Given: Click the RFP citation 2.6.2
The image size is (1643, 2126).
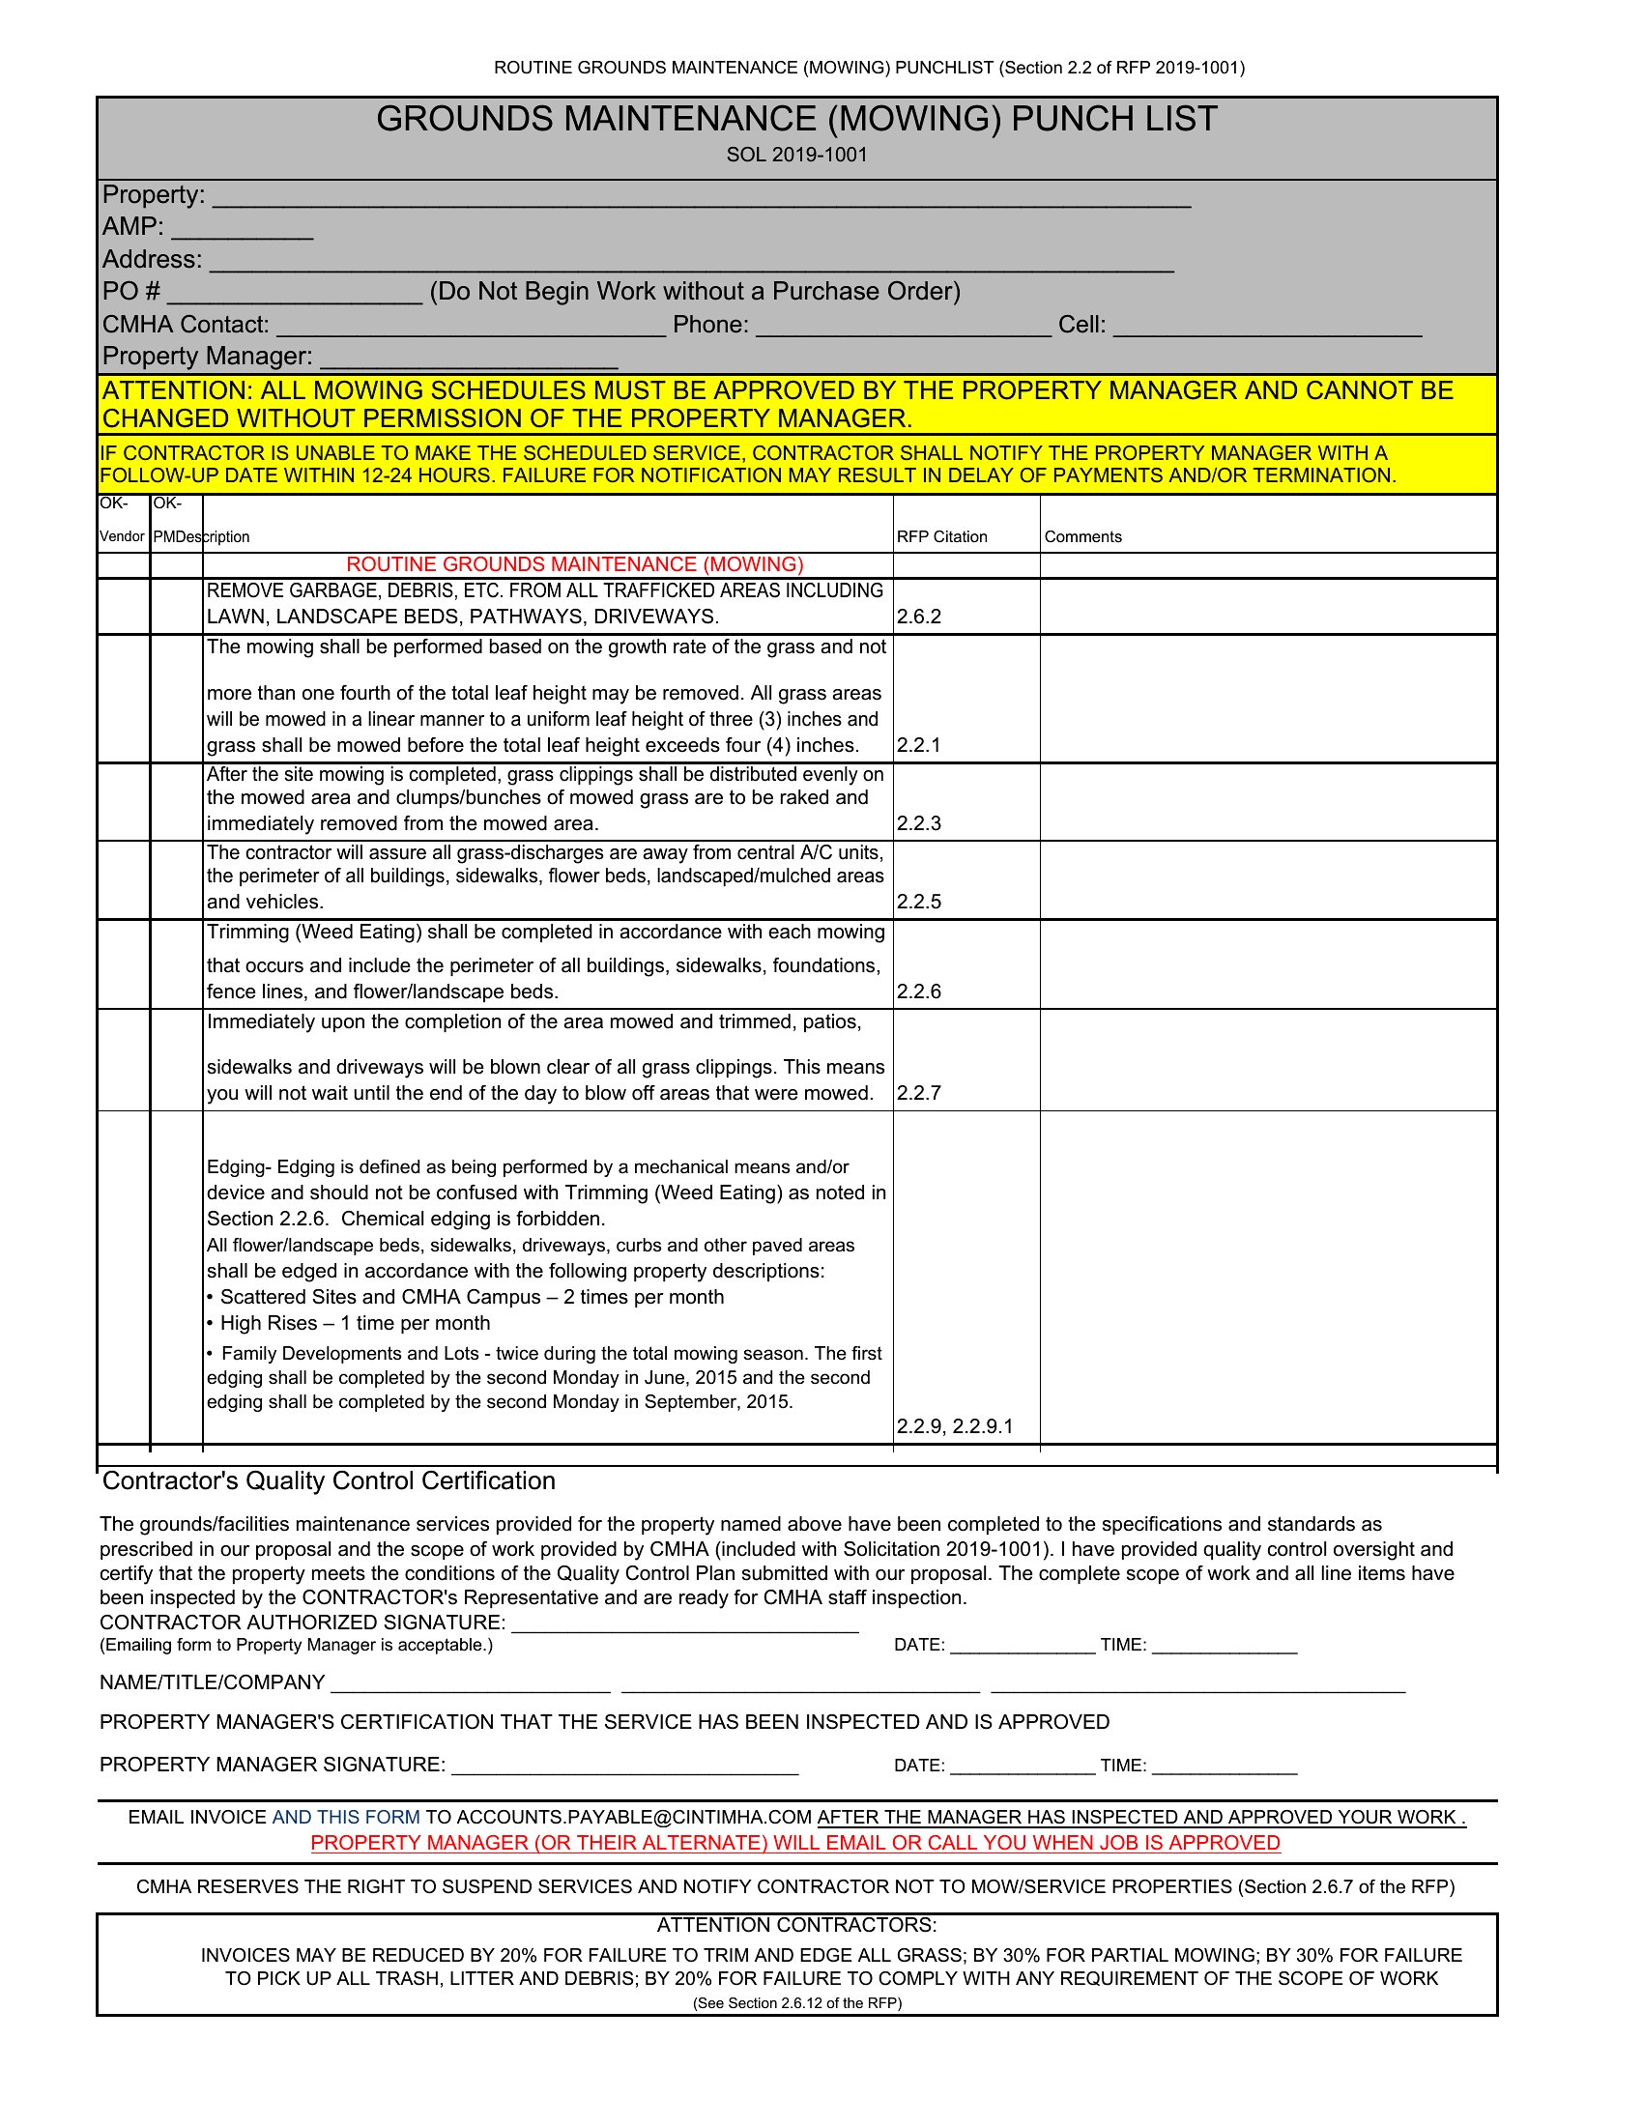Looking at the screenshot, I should point(919,617).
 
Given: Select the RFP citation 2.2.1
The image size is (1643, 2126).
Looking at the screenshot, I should point(919,746).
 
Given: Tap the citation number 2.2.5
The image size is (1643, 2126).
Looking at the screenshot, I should point(919,902).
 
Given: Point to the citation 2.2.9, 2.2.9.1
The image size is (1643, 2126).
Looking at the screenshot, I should point(954,1426).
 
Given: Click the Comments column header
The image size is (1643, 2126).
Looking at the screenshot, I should point(1082,537).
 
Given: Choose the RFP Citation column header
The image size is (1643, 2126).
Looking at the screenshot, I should point(941,537).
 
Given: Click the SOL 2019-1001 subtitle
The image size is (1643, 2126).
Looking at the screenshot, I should point(796,155).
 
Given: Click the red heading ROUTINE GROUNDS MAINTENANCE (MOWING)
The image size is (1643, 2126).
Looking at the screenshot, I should point(574,564).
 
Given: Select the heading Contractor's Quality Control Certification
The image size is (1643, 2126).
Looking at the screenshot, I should point(329,1480).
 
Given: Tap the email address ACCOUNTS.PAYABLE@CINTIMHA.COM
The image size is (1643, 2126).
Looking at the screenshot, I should point(634,1818).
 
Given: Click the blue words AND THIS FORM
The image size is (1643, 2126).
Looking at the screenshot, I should point(346,1818).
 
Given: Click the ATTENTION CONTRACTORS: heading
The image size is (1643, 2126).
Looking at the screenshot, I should point(796,1924).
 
